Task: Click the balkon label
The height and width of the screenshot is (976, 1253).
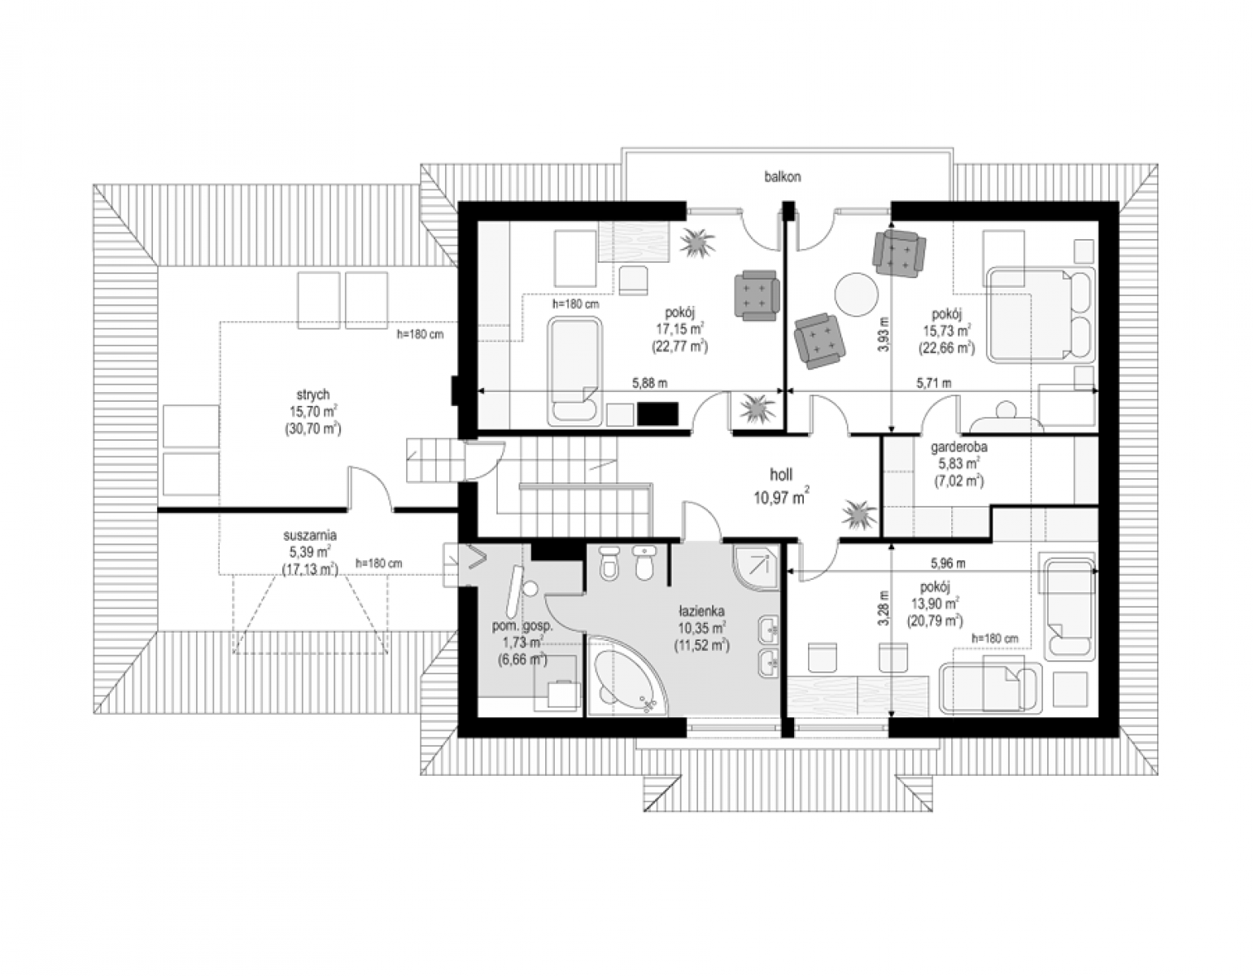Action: [783, 176]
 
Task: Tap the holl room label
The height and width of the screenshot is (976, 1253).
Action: [781, 475]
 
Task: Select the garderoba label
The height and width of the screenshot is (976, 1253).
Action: [959, 446]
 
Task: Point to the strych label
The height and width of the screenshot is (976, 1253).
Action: [313, 394]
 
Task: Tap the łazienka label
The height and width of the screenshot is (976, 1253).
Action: [701, 611]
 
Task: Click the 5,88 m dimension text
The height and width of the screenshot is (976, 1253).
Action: [650, 382]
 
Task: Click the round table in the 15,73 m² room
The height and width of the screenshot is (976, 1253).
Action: [856, 294]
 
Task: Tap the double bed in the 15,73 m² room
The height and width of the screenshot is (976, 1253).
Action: [1041, 315]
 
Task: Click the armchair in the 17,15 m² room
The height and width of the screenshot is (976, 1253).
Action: [757, 295]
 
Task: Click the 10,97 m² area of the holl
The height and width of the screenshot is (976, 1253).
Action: [781, 496]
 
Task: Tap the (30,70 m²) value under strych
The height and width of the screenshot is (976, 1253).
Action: [313, 429]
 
